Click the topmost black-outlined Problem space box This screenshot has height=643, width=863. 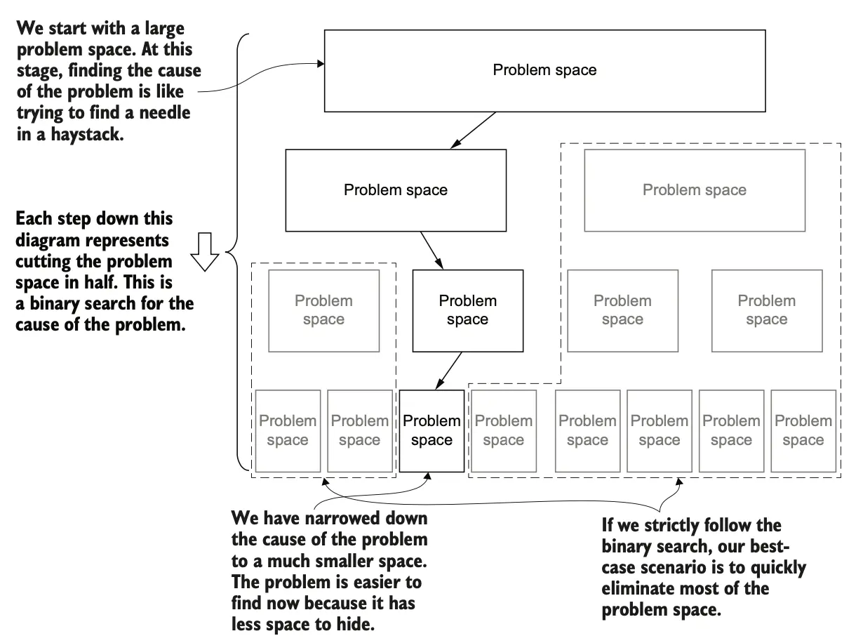[544, 70]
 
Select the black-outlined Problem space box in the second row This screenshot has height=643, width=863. [395, 190]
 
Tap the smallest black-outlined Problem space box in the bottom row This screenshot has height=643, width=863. [431, 430]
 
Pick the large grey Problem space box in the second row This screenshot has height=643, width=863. [695, 190]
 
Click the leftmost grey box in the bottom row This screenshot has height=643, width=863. [288, 430]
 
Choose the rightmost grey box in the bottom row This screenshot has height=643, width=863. [803, 430]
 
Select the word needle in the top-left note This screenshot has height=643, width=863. [160, 112]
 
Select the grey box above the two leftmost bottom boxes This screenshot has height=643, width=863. [323, 310]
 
